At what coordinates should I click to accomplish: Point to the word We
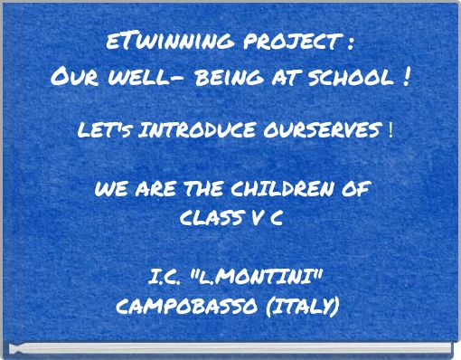point(108,191)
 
